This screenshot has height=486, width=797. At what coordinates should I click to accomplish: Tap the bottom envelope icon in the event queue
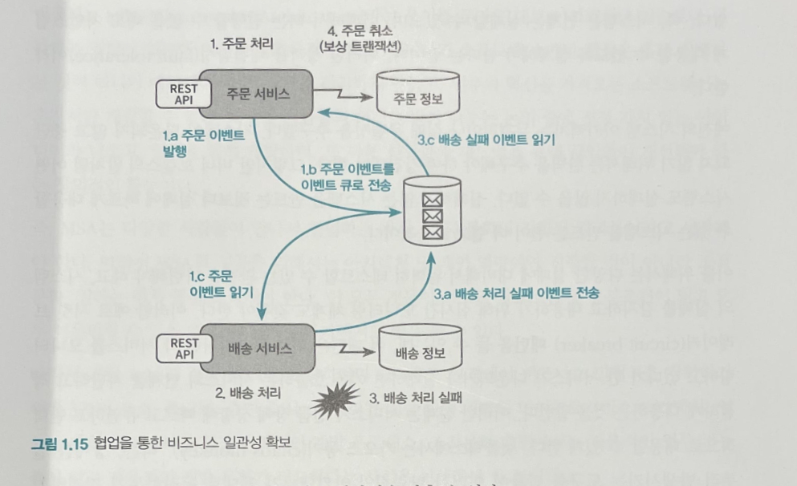433,233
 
